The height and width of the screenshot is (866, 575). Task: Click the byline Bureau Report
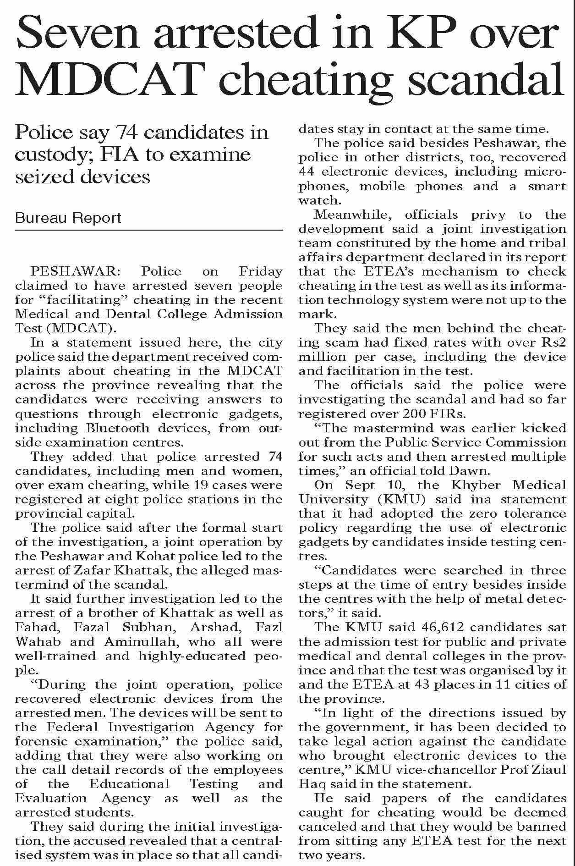[x=68, y=218]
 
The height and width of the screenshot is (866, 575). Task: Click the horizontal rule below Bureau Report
[x=149, y=230]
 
